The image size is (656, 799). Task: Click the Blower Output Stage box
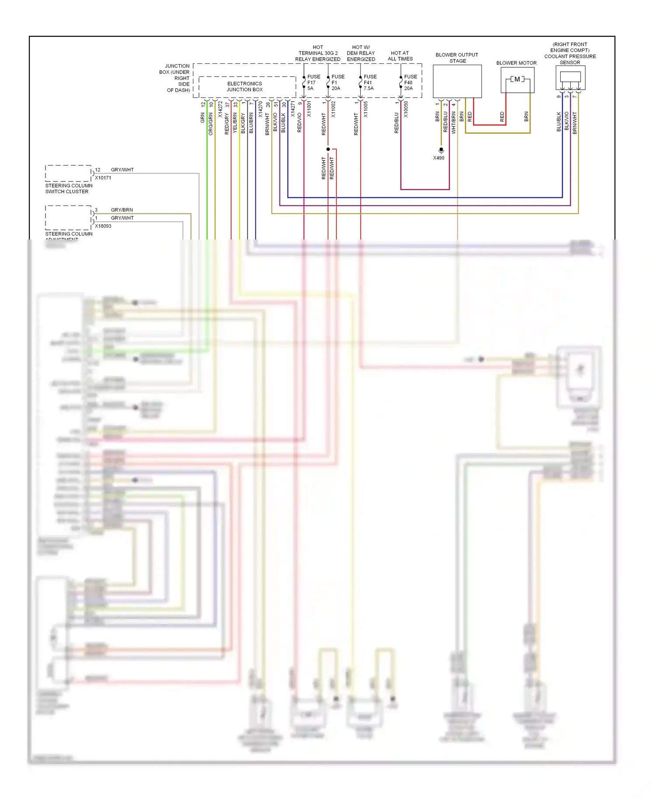(457, 81)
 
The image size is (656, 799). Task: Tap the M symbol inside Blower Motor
(517, 79)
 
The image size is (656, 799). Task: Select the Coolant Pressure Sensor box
(570, 78)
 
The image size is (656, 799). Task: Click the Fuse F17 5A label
(313, 83)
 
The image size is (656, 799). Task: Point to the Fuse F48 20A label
(410, 83)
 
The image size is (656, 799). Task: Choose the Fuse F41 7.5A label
(370, 83)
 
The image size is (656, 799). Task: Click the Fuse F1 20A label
(338, 83)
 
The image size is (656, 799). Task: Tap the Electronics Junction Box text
(244, 87)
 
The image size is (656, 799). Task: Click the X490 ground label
(439, 158)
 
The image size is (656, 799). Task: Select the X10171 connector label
(103, 178)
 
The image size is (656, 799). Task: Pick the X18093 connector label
(103, 226)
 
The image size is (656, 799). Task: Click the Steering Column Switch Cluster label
(69, 188)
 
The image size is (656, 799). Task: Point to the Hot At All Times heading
(400, 56)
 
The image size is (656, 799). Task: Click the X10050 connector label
(406, 109)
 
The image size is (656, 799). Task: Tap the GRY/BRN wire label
(122, 210)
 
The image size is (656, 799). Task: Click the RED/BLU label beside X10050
(397, 123)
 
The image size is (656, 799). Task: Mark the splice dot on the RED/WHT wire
(328, 149)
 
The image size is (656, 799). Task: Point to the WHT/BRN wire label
(454, 122)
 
